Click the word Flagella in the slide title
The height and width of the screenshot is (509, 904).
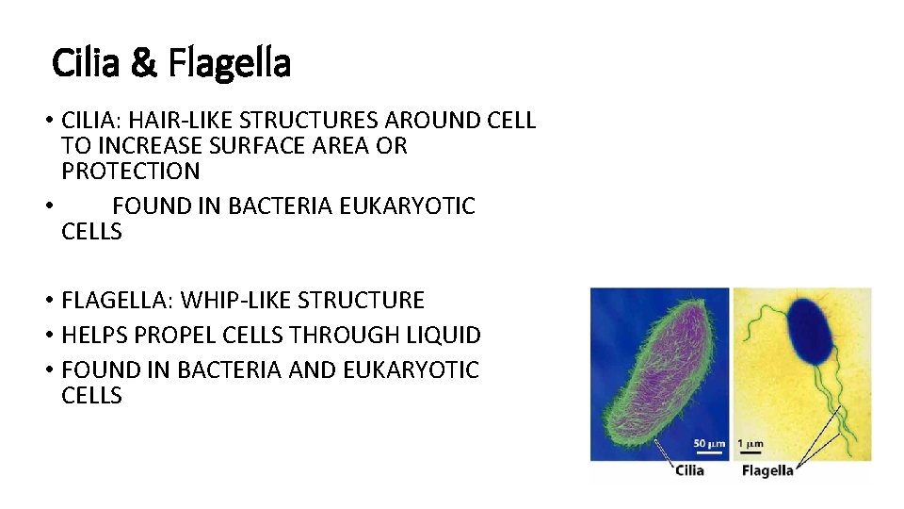pos(229,64)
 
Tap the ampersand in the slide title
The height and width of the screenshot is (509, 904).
pos(144,64)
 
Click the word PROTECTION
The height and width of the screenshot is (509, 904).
pos(130,172)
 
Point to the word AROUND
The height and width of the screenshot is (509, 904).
pos(430,121)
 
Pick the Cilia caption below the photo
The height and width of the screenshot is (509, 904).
pos(689,470)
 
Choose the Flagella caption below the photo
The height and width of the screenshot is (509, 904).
pos(767,470)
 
